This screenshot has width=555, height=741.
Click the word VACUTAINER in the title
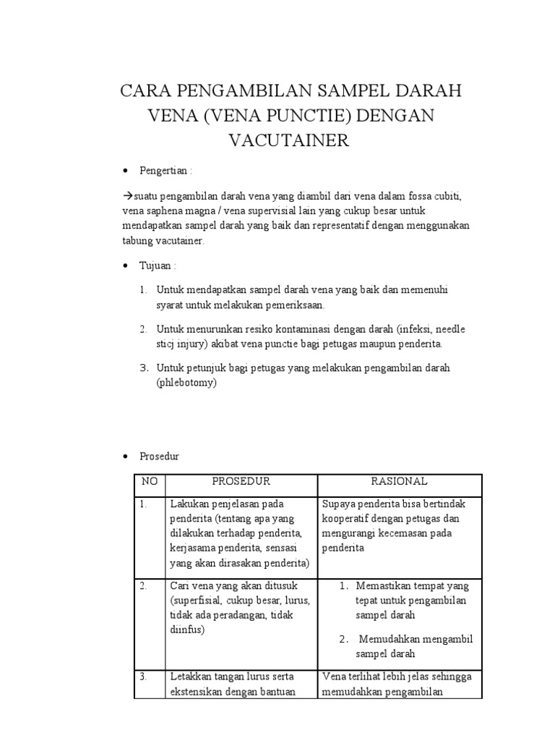(289, 140)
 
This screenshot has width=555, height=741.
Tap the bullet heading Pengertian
(165, 172)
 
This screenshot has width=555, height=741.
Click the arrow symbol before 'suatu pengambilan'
(128, 196)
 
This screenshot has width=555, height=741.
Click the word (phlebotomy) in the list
(186, 384)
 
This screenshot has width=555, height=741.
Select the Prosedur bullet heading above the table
(160, 457)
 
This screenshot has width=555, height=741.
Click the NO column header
(150, 482)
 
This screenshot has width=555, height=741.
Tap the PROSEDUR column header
(241, 482)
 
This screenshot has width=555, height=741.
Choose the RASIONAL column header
(399, 482)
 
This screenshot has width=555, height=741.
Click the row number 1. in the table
(145, 504)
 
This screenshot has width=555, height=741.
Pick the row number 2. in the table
(145, 585)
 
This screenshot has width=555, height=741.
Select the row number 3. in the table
(145, 677)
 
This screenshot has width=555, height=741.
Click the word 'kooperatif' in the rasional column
(345, 519)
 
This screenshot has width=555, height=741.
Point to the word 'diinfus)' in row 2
(188, 630)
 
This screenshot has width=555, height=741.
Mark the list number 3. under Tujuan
(143, 368)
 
